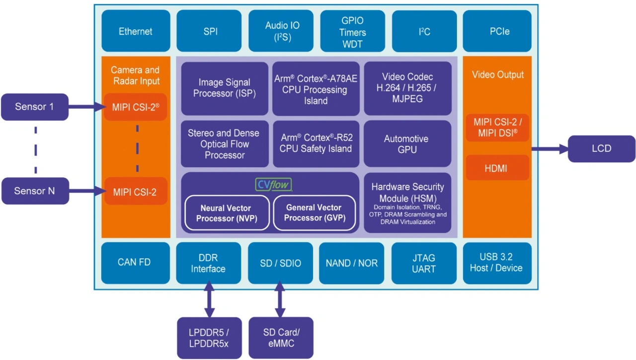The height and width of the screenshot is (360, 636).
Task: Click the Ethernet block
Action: click(135, 31)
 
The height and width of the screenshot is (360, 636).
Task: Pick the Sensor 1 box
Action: click(34, 107)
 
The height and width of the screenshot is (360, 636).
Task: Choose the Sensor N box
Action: click(34, 191)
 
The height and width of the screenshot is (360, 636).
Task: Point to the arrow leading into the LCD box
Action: click(549, 148)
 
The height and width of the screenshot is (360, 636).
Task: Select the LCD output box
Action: click(601, 148)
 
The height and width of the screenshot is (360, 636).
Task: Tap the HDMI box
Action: click(496, 168)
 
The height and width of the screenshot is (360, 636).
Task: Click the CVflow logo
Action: click(274, 185)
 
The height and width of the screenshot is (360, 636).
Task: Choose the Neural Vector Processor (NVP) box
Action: click(226, 213)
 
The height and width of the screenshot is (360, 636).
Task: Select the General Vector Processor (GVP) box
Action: click(315, 213)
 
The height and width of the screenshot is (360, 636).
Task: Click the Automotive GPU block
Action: click(407, 144)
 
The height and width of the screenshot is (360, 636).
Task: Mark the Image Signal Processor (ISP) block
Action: click(225, 88)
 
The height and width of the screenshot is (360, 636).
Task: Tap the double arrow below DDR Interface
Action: click(209, 300)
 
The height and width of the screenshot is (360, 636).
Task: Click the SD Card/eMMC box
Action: click(281, 338)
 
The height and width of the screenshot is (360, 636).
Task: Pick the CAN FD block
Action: click(134, 262)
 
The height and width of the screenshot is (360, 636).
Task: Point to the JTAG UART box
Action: click(423, 263)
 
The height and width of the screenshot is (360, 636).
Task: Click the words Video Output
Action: click(497, 75)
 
